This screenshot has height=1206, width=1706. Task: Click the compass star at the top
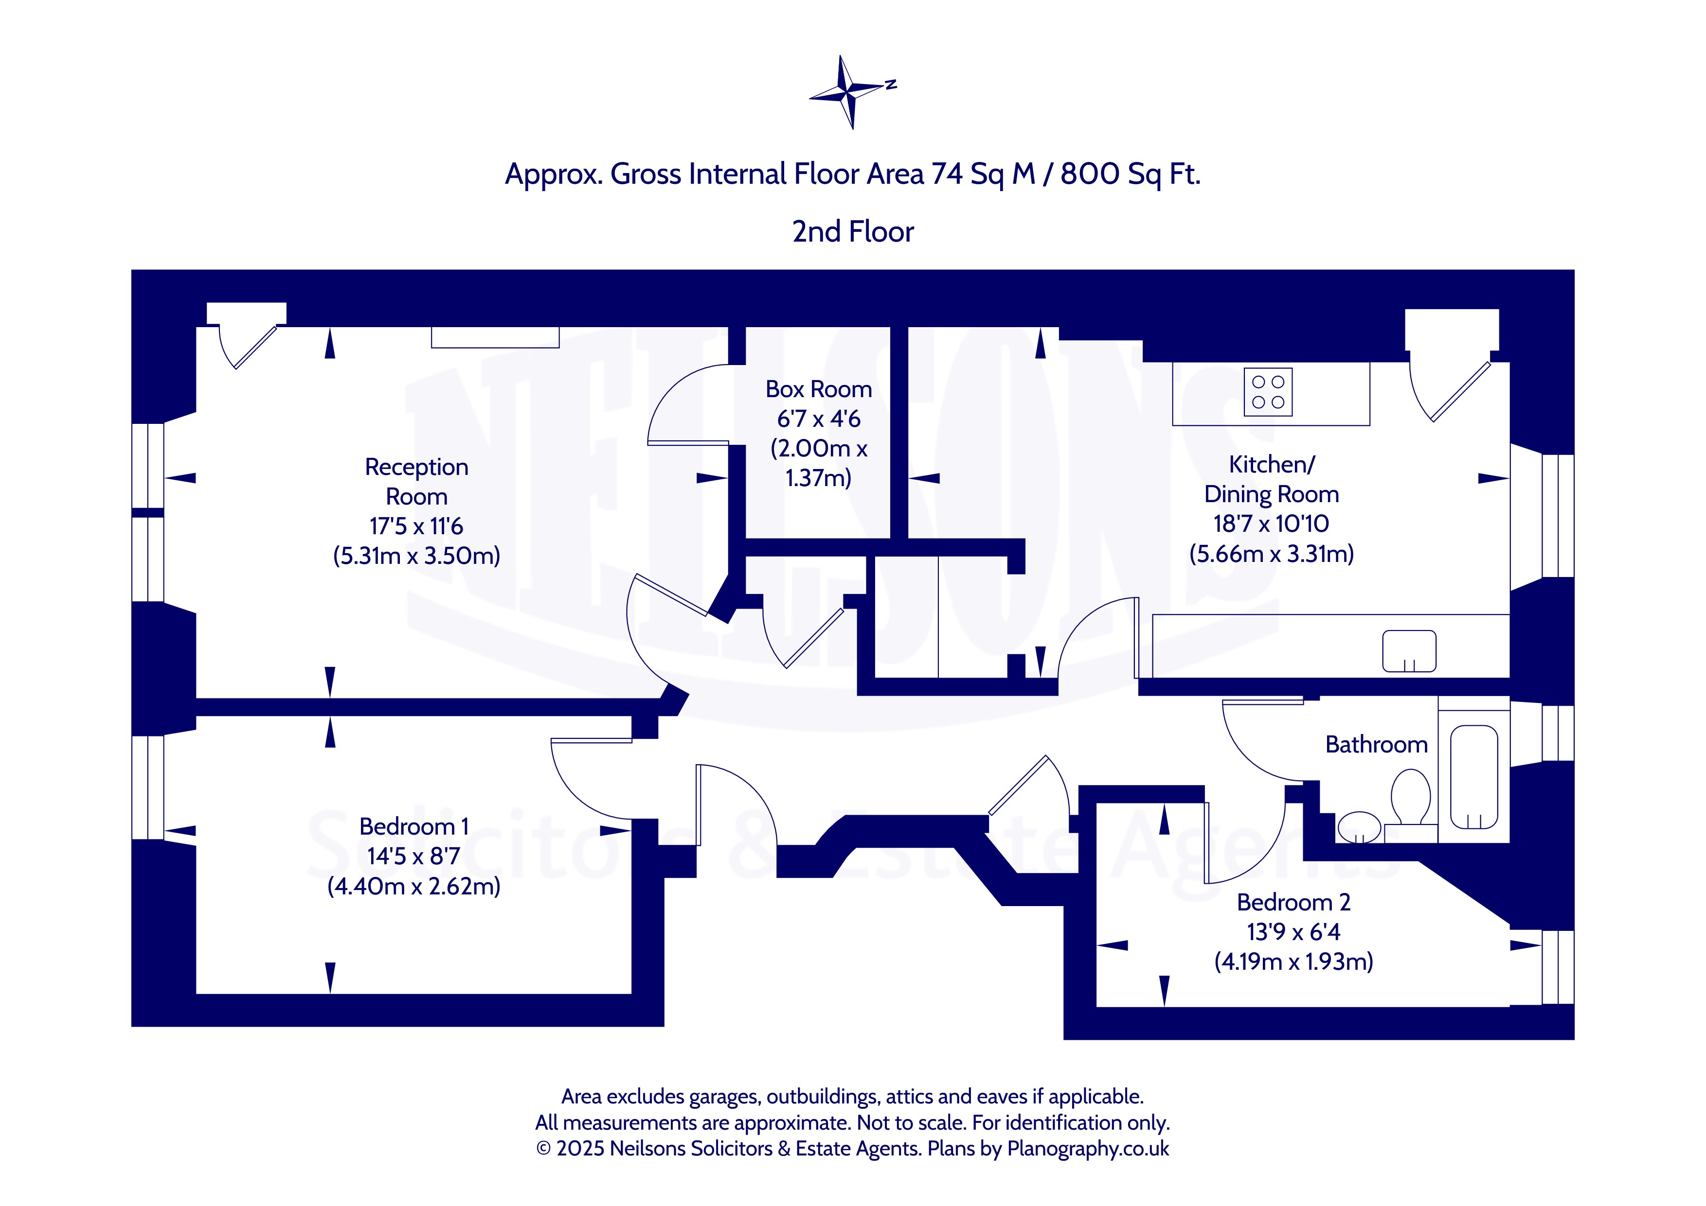pos(847,92)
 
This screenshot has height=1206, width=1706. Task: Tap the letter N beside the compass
pos(891,84)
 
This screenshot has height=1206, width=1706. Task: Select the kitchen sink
pos(1409,651)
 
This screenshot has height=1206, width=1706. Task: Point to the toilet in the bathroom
pos(1410,797)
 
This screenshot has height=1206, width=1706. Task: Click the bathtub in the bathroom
pos(1473,777)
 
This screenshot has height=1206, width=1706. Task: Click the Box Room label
pos(819,389)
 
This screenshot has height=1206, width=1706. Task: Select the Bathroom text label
pos(1376,744)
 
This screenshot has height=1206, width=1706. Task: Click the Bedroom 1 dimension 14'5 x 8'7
pos(414,856)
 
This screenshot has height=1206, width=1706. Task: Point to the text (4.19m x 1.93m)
pos(1293,961)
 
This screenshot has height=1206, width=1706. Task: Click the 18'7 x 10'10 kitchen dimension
pos(1271,524)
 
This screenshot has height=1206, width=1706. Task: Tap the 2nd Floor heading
pos(853,232)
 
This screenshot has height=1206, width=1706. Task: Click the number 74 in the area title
pos(947,174)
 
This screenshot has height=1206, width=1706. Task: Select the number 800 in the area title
pos(1091,174)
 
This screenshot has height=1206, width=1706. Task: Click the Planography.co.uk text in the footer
pos(1088,1148)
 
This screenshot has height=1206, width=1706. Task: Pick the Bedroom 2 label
pos(1293,902)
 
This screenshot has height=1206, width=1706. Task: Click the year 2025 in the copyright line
pos(580,1148)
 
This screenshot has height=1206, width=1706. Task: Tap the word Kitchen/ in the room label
pos(1271,464)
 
